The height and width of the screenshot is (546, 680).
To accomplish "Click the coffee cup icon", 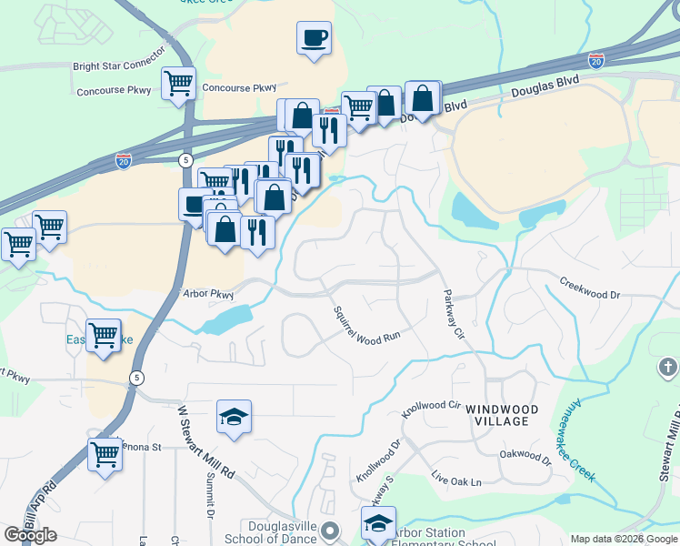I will click(x=314, y=38).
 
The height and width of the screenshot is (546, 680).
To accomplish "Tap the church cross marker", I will click(x=668, y=369).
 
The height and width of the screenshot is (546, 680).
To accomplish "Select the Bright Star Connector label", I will click(x=118, y=66).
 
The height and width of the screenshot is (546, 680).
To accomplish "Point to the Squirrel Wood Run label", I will click(x=366, y=322).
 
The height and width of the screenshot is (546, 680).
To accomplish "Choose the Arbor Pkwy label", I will click(x=208, y=295).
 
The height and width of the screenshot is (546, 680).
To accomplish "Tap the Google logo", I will click(x=30, y=535).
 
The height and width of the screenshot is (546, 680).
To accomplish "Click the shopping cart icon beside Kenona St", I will click(x=105, y=452).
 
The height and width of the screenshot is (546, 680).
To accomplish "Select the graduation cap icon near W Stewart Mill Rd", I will click(x=234, y=418).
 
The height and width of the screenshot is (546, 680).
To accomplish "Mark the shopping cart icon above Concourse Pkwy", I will click(x=178, y=84).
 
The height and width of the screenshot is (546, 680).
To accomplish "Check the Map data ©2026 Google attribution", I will click(x=624, y=539).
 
